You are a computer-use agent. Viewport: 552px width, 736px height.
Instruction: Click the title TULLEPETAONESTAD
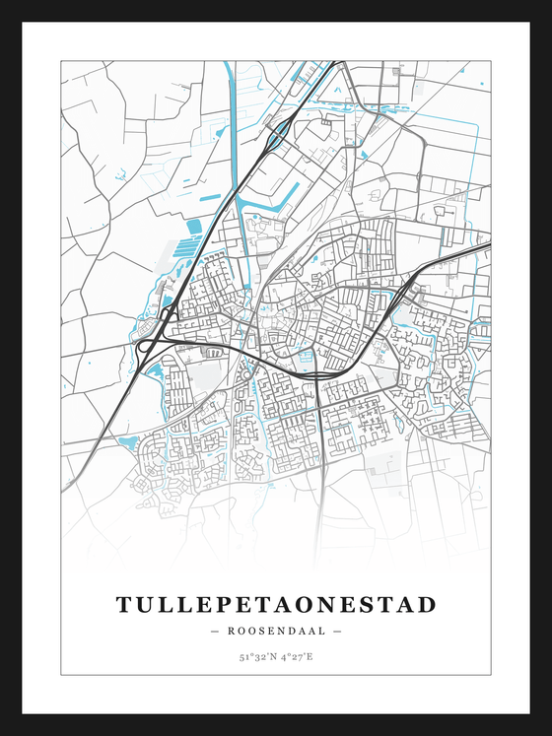pos(276,604)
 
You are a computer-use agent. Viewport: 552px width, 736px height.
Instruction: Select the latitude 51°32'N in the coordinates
pos(255,656)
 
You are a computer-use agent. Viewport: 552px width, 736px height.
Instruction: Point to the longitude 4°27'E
pos(297,656)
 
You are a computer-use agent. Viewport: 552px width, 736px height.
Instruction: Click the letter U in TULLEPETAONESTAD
pos(147,604)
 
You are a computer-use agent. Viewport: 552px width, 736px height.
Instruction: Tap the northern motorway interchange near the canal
pos(279,130)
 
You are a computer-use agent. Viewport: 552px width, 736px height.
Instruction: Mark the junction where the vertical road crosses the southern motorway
pos(317,375)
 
